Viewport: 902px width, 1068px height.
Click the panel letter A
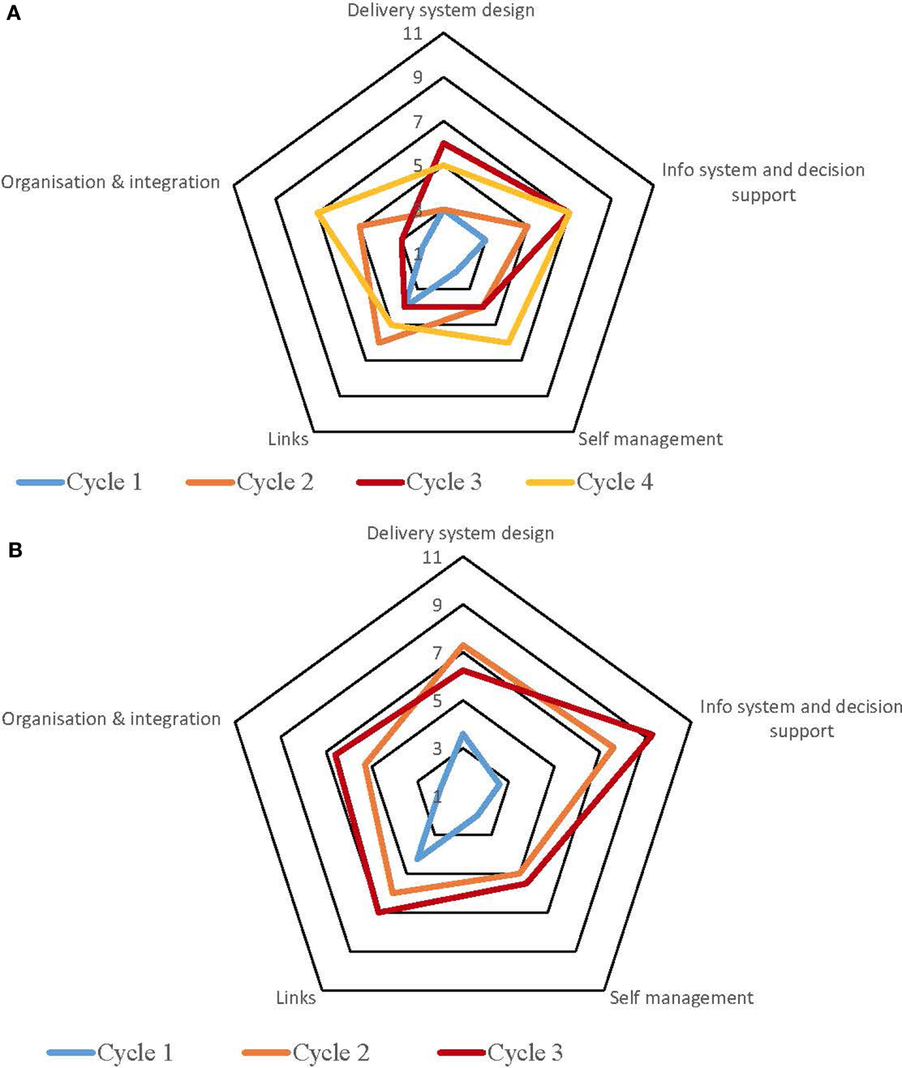click(x=13, y=13)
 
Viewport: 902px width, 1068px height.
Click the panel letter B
click(x=14, y=550)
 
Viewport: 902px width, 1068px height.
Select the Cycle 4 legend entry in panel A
click(x=590, y=482)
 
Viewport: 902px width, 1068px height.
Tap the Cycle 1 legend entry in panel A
click(x=80, y=482)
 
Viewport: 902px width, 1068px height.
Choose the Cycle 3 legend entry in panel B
click(x=501, y=1052)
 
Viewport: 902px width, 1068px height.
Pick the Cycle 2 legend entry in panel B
click(x=306, y=1052)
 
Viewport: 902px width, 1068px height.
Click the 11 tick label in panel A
click(x=413, y=33)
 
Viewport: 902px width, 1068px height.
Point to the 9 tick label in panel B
click(x=436, y=605)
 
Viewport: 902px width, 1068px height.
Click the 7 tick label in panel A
click(x=417, y=122)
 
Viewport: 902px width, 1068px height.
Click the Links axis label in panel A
click(x=288, y=439)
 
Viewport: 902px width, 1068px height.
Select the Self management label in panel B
click(x=682, y=998)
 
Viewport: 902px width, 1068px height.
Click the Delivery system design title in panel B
click(x=460, y=533)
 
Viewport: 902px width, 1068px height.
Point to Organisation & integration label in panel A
click(x=110, y=182)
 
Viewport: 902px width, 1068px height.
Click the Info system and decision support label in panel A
click(x=763, y=182)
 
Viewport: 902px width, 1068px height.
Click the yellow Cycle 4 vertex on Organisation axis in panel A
click(x=318, y=214)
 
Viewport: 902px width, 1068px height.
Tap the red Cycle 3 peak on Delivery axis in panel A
click(x=443, y=143)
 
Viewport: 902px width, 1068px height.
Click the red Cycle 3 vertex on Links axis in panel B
click(x=378, y=913)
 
